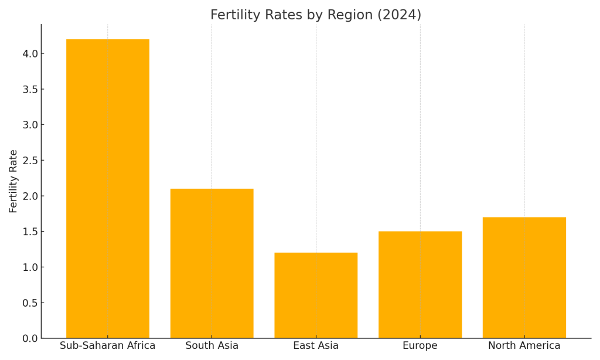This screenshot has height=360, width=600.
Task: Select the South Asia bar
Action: (x=212, y=263)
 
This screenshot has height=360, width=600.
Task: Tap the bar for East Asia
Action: (x=316, y=296)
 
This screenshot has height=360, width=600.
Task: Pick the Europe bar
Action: (x=420, y=285)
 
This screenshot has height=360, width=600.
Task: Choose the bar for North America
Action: (x=524, y=278)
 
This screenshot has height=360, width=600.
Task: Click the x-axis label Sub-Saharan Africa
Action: (x=108, y=346)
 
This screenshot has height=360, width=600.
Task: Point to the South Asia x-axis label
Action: (x=212, y=346)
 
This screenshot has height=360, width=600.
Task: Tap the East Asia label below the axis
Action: (x=316, y=346)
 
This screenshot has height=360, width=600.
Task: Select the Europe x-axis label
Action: (x=420, y=346)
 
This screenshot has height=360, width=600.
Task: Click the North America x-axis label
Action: (x=524, y=346)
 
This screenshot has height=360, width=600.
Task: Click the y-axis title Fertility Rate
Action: (x=13, y=181)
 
